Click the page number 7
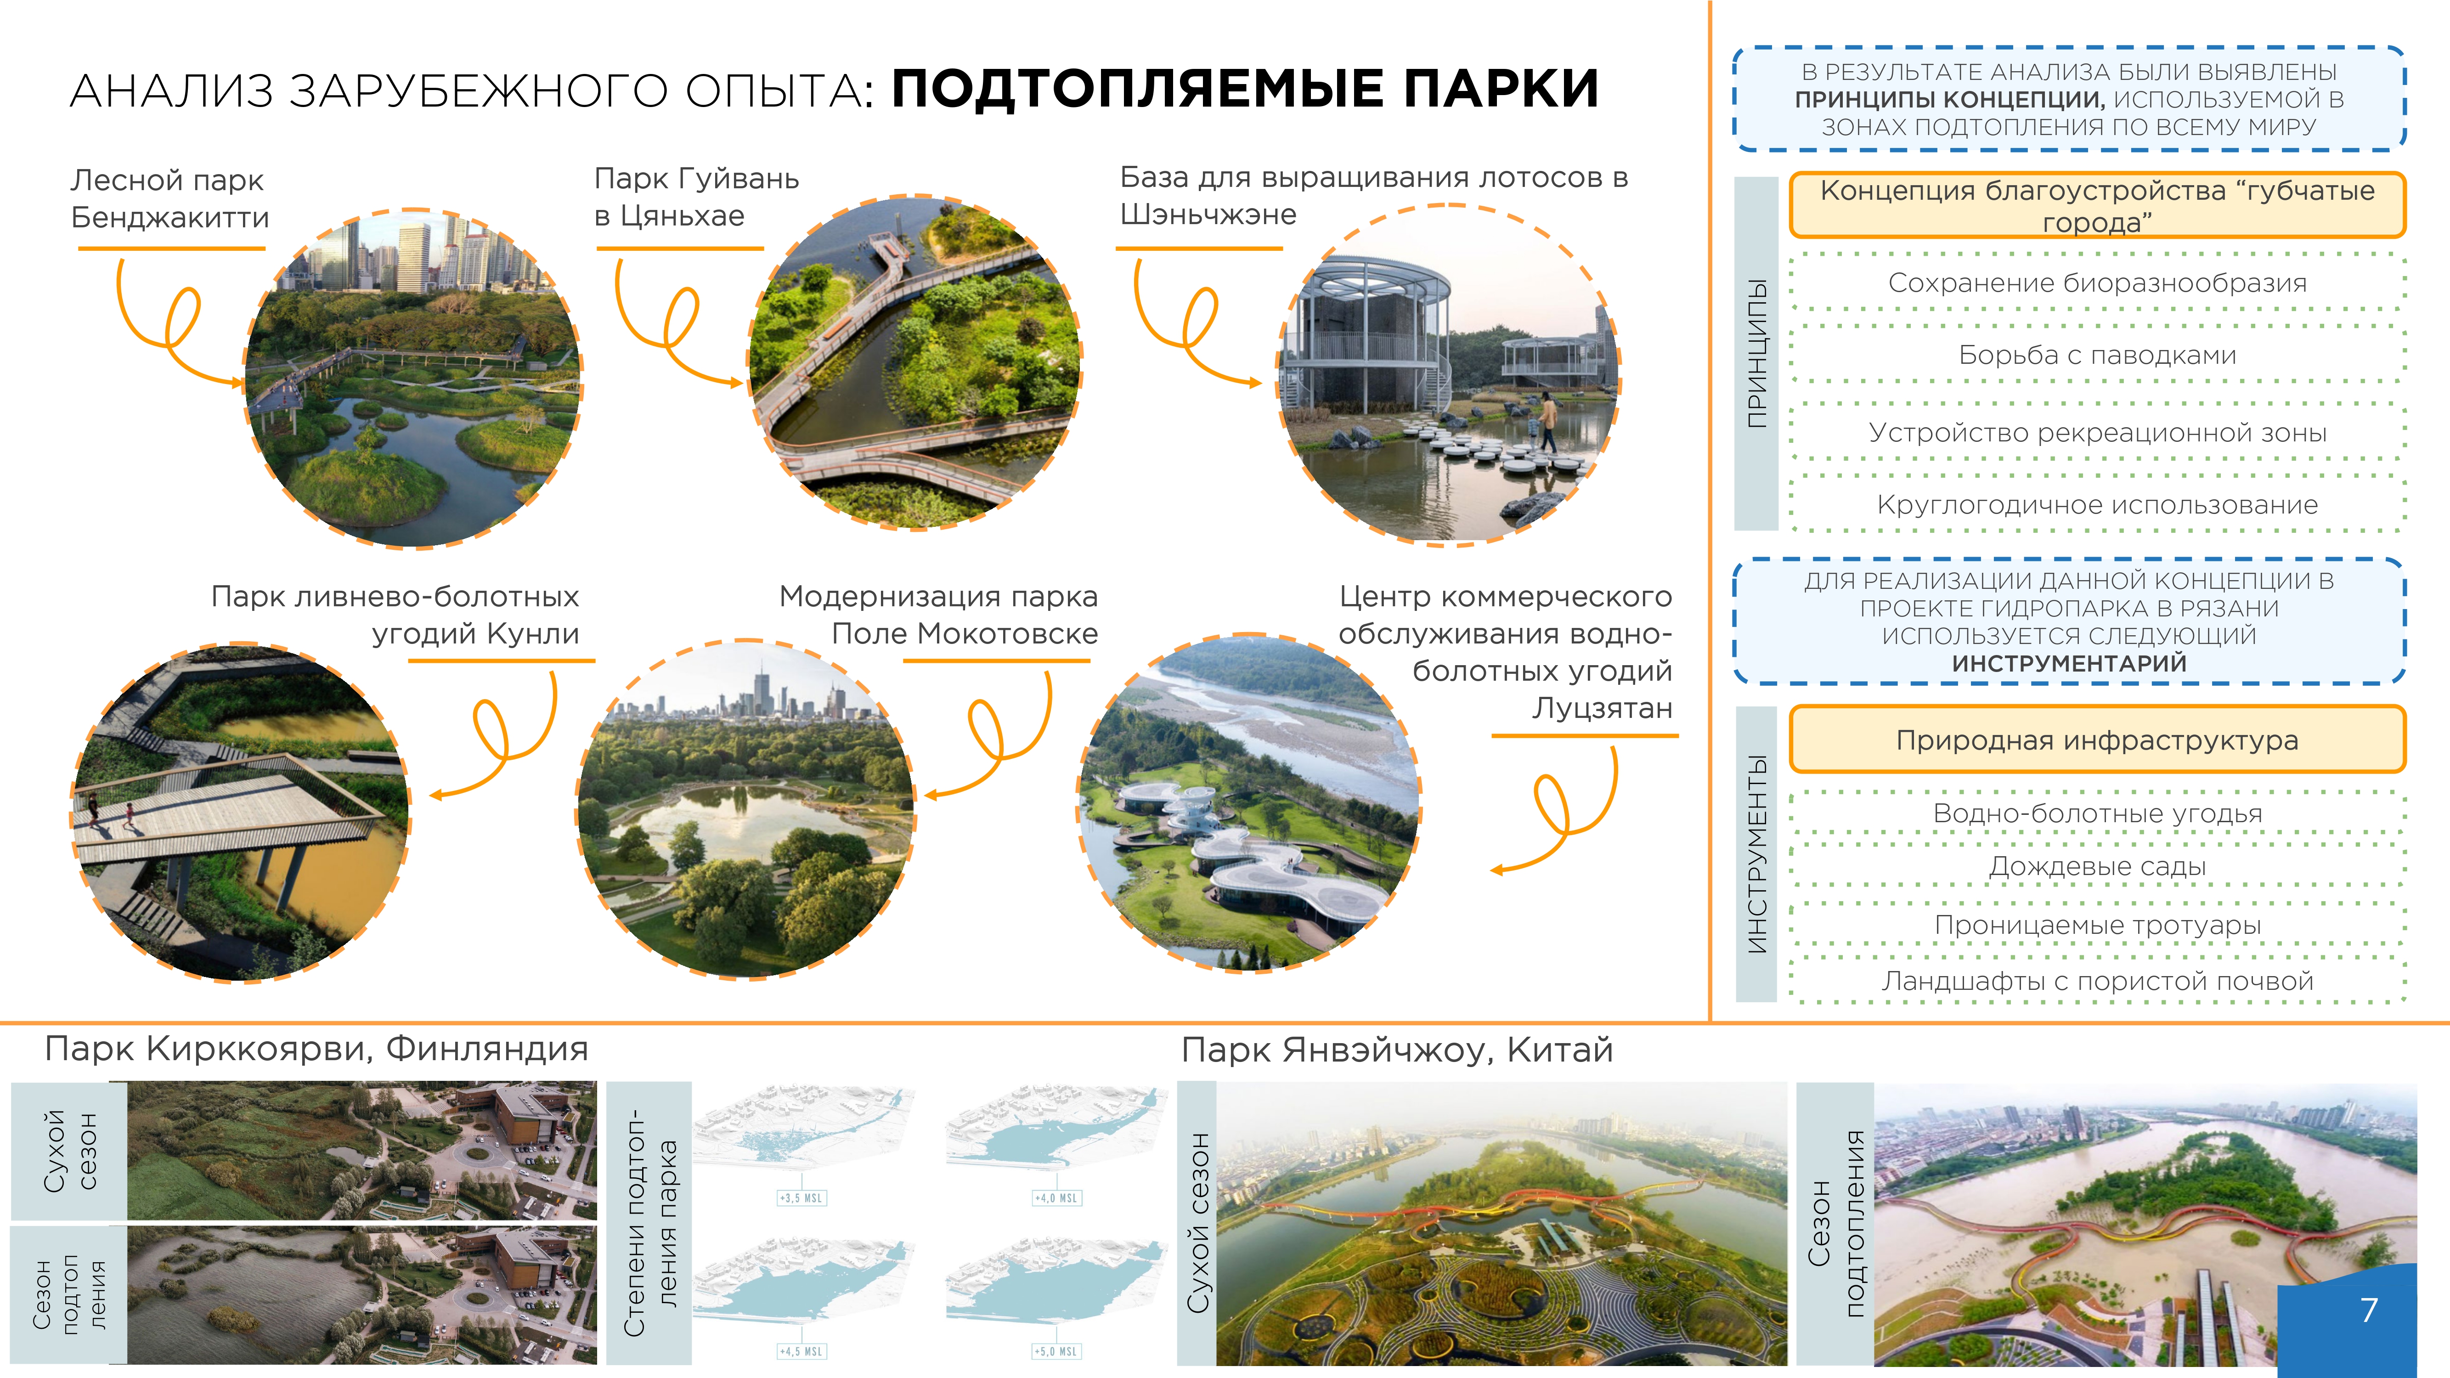click(x=2369, y=1310)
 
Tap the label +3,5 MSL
click(x=802, y=1198)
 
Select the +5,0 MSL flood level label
click(x=1056, y=1351)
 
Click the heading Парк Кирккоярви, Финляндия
click(x=317, y=1049)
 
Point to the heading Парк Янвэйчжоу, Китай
click(x=1397, y=1050)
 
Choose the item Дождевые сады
click(x=2097, y=866)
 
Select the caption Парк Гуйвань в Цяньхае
click(x=696, y=197)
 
